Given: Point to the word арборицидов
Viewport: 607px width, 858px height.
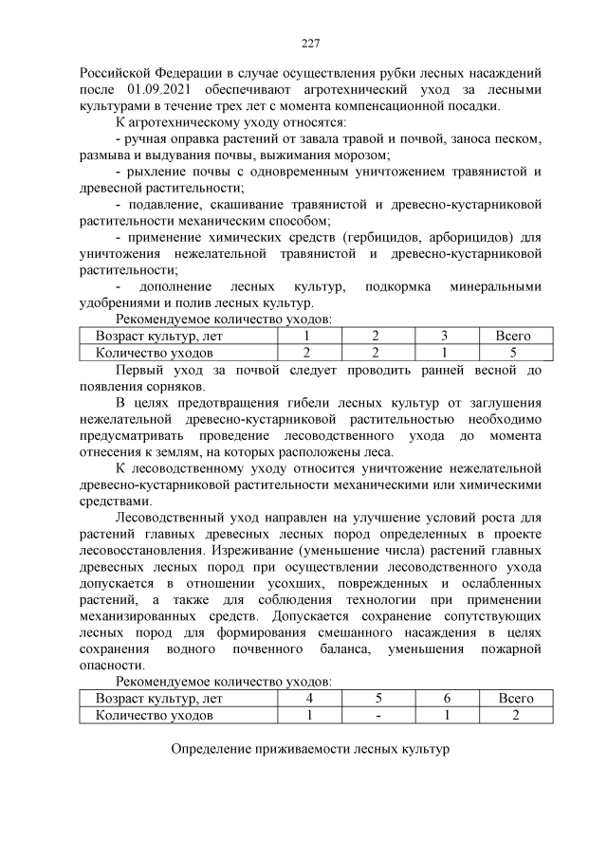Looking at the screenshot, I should [x=466, y=237].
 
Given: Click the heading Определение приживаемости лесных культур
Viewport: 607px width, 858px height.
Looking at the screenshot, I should [x=309, y=750].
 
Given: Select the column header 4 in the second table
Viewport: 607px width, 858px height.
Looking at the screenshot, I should [x=310, y=698].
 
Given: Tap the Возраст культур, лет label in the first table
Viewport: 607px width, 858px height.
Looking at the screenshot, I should [x=160, y=337].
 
